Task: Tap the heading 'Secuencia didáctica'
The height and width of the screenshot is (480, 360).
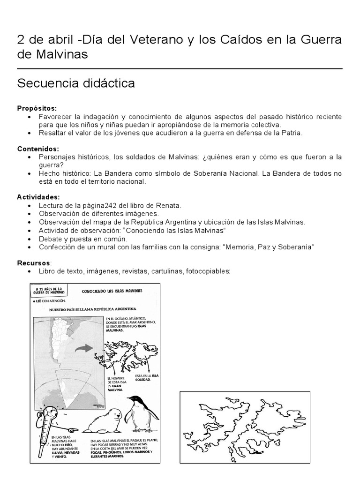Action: [x=76, y=83]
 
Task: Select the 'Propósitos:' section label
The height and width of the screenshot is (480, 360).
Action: [x=37, y=108]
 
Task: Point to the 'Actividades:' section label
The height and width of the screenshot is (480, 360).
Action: [x=38, y=197]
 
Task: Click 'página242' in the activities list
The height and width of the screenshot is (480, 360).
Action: [x=93, y=205]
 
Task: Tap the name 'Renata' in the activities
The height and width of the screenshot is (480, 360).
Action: [x=155, y=205]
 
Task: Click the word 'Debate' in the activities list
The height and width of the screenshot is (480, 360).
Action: [x=50, y=239]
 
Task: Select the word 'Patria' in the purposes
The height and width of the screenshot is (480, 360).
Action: [x=292, y=133]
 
